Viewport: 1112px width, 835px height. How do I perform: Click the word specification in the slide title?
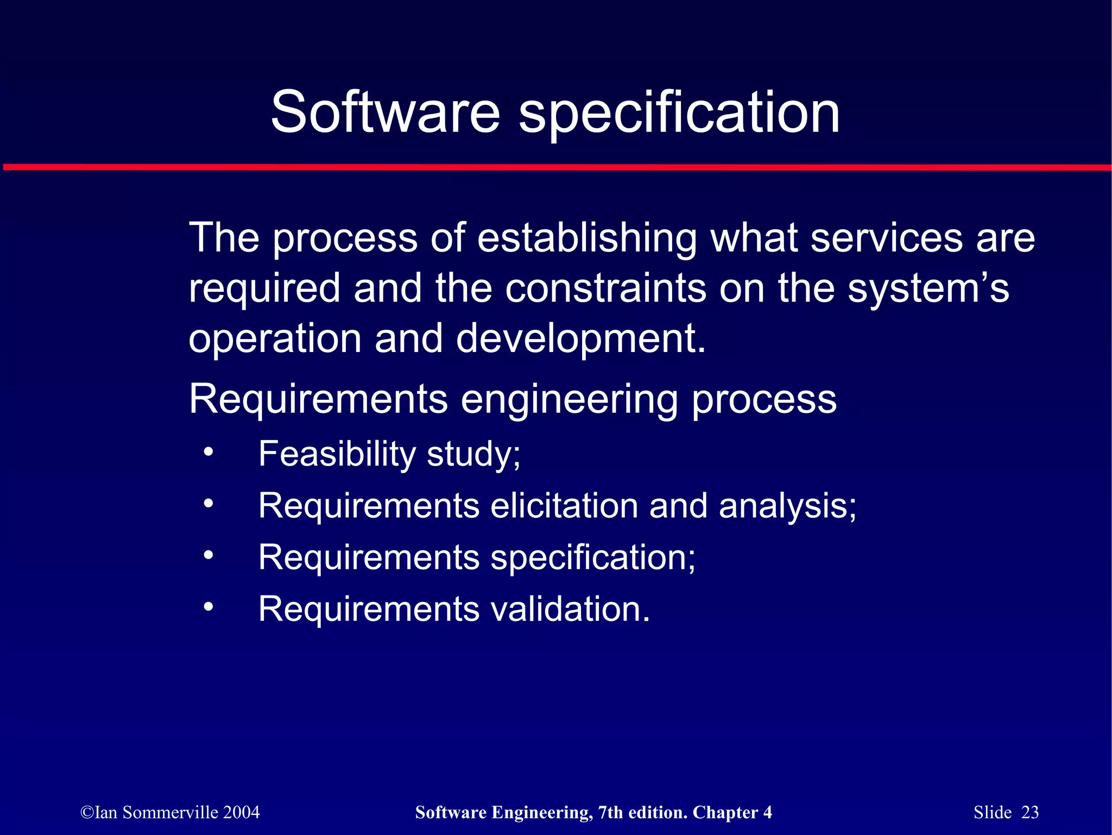coord(679,113)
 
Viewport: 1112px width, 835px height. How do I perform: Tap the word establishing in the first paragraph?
coord(587,238)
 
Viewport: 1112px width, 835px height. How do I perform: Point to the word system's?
coord(928,289)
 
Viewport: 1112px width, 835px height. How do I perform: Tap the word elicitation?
coord(564,506)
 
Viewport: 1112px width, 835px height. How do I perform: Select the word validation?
coord(570,609)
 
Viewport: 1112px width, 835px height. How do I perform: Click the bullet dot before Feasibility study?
coord(208,453)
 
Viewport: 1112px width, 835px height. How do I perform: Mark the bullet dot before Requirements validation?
coord(208,607)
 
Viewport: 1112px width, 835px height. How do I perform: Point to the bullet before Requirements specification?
coord(208,556)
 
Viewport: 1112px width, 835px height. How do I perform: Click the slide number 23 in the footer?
coord(1030,812)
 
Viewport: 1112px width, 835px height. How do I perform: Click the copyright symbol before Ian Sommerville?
coord(87,813)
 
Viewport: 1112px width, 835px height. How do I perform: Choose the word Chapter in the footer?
coord(725,812)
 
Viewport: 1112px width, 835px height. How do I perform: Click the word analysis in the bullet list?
coord(787,506)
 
